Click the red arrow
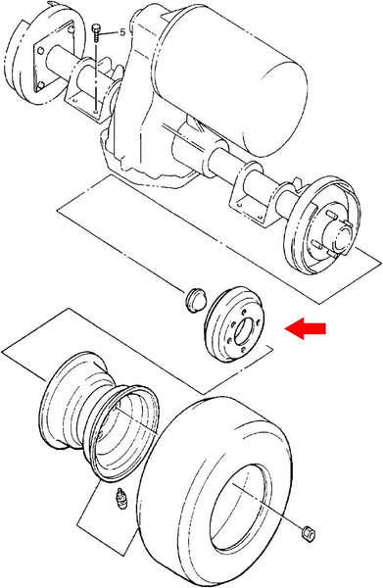click(306, 328)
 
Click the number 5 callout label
click(122, 32)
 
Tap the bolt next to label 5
click(96, 33)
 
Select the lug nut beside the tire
click(309, 532)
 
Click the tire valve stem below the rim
click(120, 499)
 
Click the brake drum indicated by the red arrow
click(236, 327)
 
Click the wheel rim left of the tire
click(99, 416)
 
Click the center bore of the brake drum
click(244, 331)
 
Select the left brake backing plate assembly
click(38, 59)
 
